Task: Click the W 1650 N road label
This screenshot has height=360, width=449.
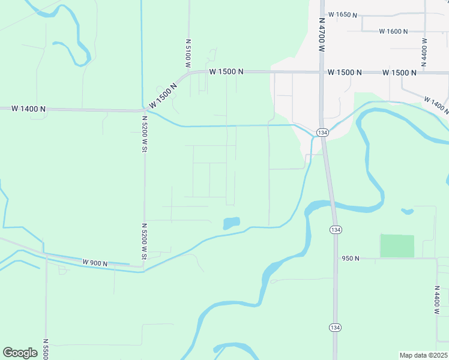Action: (x=342, y=14)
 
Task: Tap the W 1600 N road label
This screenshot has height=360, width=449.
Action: (x=393, y=31)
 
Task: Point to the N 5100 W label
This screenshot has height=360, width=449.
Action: (x=188, y=52)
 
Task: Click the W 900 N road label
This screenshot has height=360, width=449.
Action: (x=95, y=263)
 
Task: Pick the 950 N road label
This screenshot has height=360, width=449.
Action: (x=350, y=258)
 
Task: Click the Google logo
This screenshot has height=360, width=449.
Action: (x=20, y=352)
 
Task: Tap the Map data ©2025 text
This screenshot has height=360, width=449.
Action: (x=423, y=355)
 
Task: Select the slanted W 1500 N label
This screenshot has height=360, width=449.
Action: (x=163, y=95)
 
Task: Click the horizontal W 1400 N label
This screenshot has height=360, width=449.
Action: (x=28, y=109)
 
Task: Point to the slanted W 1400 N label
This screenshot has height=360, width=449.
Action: (x=435, y=104)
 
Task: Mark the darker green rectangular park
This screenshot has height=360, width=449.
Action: (x=397, y=246)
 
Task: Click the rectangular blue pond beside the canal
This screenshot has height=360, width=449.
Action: (x=231, y=223)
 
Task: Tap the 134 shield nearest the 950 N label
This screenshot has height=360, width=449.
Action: (x=335, y=230)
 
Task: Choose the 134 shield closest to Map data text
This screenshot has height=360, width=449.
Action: (x=335, y=327)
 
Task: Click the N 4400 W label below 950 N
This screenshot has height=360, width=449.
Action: (x=437, y=301)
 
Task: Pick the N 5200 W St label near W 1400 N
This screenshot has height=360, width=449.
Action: (x=144, y=133)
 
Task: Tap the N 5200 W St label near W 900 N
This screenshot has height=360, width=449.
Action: (x=144, y=241)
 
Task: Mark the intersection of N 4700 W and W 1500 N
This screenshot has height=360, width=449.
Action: (x=322, y=73)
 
